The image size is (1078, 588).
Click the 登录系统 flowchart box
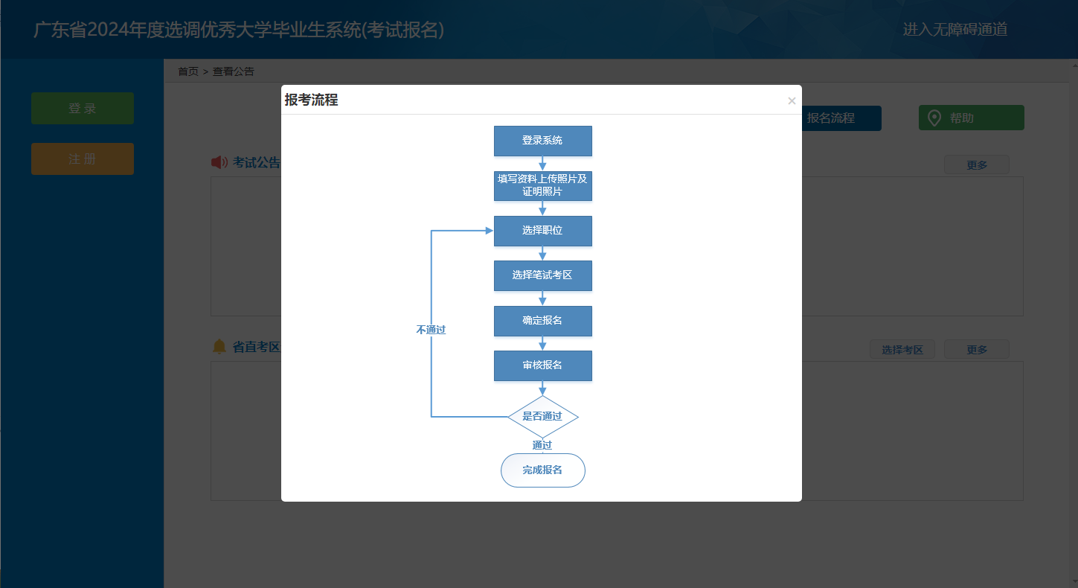542,141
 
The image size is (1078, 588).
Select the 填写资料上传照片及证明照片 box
542,186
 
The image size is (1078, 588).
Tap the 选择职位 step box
542,231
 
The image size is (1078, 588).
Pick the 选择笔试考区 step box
542,275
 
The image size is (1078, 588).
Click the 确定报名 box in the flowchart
542,321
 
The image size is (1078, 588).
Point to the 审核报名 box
542,365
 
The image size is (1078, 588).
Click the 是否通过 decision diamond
542,416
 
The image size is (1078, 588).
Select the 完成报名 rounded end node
542,470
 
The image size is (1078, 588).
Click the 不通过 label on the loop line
431,330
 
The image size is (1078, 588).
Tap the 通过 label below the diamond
542,445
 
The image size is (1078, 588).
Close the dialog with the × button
792,101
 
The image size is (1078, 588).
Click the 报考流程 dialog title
311,100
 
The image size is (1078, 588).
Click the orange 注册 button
83,159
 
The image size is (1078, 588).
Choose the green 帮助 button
971,118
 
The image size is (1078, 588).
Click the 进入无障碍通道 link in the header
955,30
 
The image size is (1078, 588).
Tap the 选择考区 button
902,350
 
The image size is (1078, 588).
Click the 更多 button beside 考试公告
976,165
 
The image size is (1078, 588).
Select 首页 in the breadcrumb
188,71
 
